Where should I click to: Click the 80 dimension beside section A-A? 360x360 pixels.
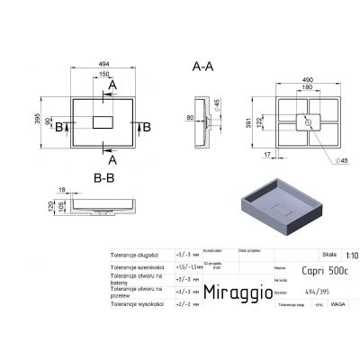(x=191, y=117)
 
